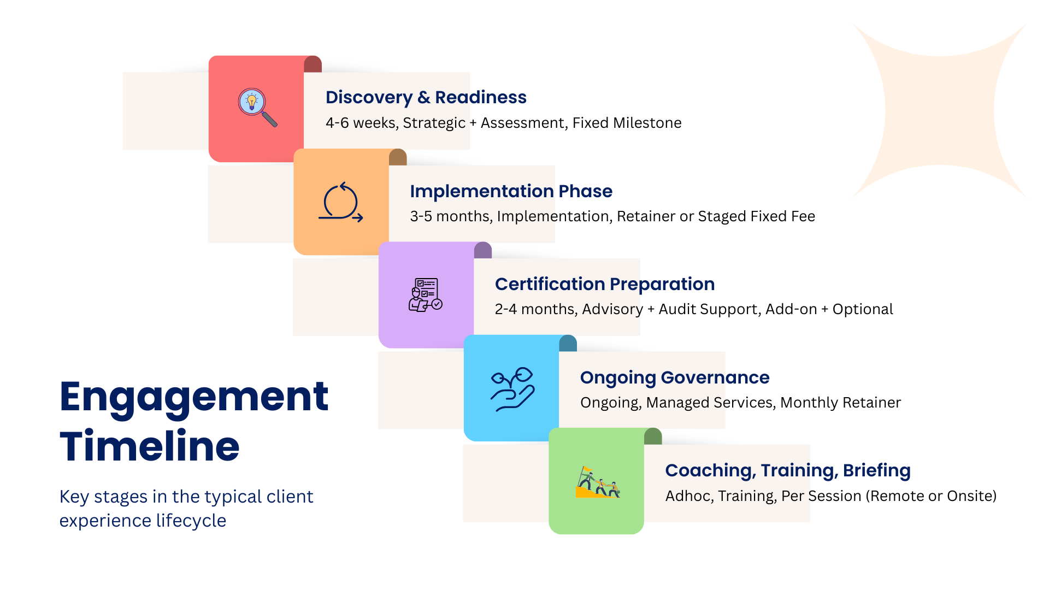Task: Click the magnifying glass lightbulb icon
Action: [257, 107]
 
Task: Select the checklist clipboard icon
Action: [426, 295]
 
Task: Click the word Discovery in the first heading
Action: [369, 97]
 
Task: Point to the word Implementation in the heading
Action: [482, 191]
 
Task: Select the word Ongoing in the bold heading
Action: [618, 377]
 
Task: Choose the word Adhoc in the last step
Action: [688, 496]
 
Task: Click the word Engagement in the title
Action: [194, 398]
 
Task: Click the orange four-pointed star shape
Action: [939, 111]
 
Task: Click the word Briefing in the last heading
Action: [876, 470]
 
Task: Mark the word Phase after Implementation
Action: [585, 191]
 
